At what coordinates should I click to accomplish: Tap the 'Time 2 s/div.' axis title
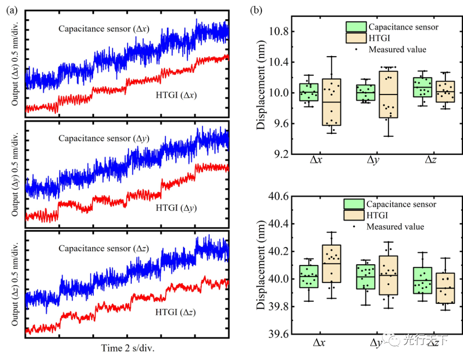click(x=128, y=348)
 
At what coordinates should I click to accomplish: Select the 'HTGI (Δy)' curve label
click(x=176, y=208)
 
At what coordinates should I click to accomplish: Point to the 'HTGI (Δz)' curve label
click(x=176, y=312)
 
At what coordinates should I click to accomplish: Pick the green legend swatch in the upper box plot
click(x=356, y=27)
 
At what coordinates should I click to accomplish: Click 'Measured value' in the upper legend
click(x=397, y=49)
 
